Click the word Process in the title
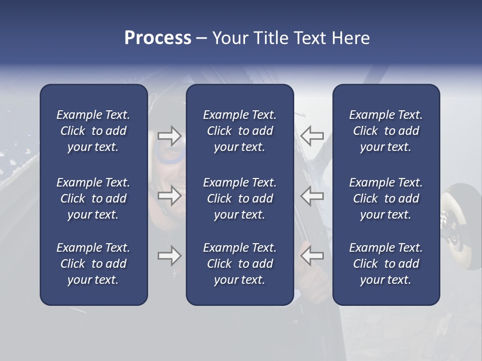(x=158, y=38)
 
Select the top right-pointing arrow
(x=169, y=135)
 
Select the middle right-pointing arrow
(x=169, y=196)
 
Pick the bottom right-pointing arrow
(x=169, y=256)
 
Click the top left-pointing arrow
(x=312, y=135)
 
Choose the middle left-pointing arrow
(x=312, y=196)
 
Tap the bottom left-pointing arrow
(x=312, y=256)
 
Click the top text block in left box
(x=93, y=131)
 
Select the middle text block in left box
(x=93, y=199)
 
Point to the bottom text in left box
(x=93, y=264)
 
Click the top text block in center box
(x=239, y=131)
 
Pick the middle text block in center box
(x=239, y=199)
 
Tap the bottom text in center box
(x=239, y=264)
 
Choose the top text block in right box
(x=386, y=131)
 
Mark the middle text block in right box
(x=386, y=199)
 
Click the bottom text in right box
(x=386, y=264)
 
